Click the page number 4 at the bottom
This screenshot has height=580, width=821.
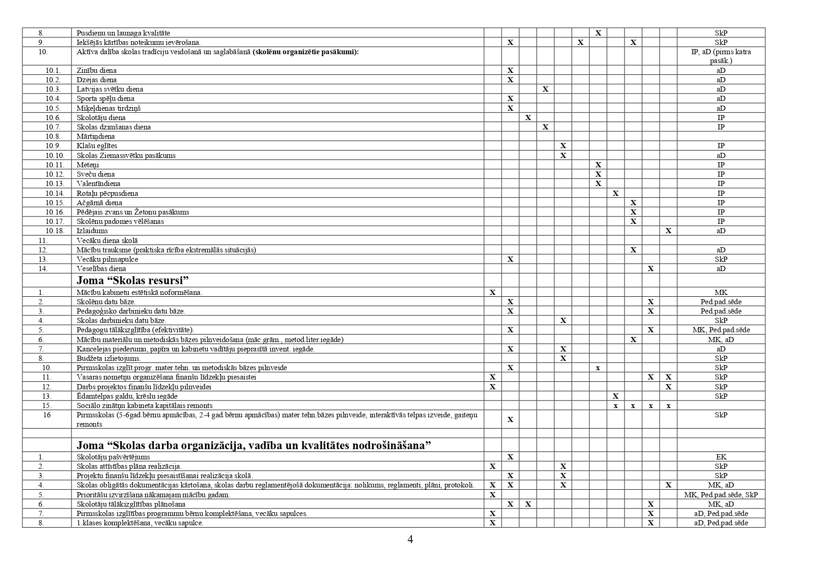click(410, 539)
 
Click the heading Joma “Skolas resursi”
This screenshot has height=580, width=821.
click(132, 280)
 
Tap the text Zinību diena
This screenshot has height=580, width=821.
click(97, 71)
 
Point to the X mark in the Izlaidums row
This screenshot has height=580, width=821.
click(668, 231)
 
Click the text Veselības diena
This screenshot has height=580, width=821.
click(101, 269)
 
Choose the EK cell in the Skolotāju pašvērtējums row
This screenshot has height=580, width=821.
click(721, 457)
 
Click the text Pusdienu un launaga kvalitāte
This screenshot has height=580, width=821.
click(123, 33)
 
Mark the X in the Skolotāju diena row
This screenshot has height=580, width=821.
click(528, 118)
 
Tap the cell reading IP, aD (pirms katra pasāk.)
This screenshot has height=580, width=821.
click(721, 56)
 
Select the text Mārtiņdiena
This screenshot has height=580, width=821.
click(96, 136)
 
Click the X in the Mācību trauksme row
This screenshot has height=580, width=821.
click(633, 250)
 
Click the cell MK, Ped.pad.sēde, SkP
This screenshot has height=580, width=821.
click(721, 494)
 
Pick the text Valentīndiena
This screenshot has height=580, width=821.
click(98, 184)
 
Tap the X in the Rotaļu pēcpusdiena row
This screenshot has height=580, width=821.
click(616, 193)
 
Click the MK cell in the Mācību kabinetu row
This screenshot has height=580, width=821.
click(721, 293)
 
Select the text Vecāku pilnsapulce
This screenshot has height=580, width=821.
click(107, 259)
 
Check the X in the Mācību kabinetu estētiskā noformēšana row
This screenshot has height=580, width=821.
click(493, 293)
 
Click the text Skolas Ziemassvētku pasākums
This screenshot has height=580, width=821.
click(126, 156)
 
